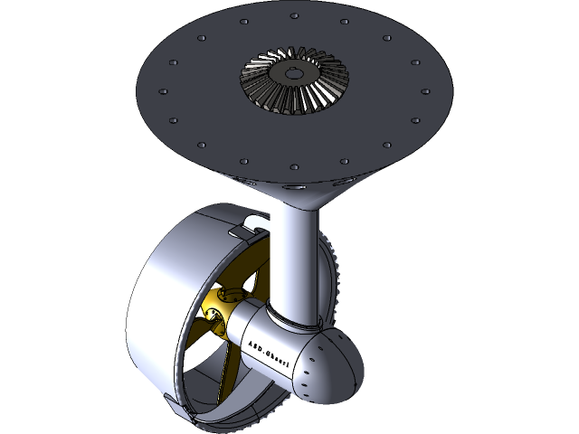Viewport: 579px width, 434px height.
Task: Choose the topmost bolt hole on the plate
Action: tap(295, 15)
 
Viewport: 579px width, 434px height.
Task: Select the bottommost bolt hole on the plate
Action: tap(293, 167)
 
